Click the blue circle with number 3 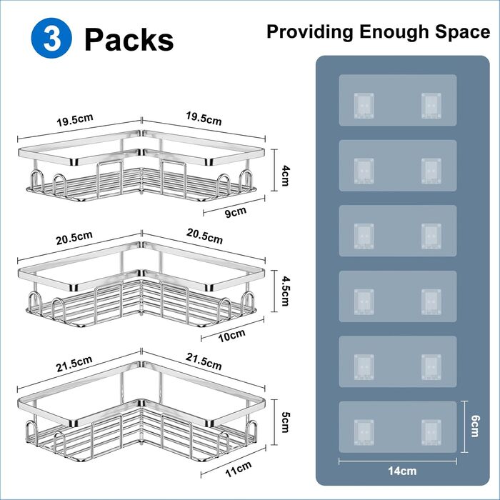[51, 38]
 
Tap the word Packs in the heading [129, 39]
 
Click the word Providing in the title [310, 33]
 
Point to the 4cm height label [285, 176]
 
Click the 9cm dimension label [235, 212]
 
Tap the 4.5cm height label [285, 291]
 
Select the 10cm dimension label [231, 336]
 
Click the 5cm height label [285, 422]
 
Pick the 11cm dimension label [238, 469]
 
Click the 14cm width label [402, 471]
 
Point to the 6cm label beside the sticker [474, 426]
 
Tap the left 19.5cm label [75, 120]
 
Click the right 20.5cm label [204, 236]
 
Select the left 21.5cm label [74, 364]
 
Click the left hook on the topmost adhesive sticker [364, 106]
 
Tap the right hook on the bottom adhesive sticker [431, 432]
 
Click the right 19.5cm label [204, 119]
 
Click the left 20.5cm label [74, 238]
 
